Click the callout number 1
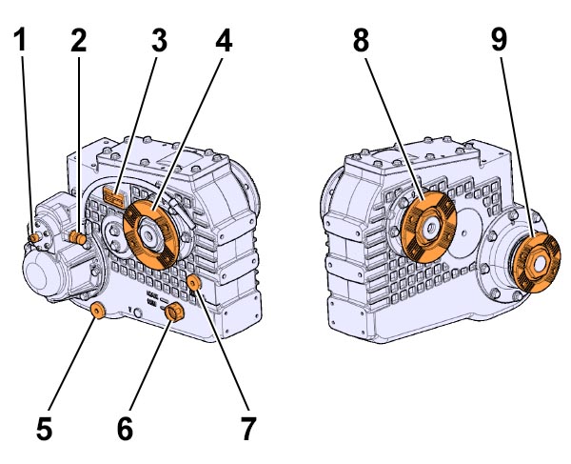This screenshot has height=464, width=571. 21,40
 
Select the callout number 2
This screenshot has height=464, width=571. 78,40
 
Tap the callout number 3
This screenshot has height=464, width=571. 158,40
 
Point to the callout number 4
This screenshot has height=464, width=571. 223,40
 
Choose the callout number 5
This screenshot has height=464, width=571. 44,429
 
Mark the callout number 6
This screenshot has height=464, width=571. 125,429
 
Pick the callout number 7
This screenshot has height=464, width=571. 248,429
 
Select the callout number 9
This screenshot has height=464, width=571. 499,40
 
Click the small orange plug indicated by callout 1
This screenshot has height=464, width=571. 33,235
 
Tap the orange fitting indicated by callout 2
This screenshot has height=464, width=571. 78,236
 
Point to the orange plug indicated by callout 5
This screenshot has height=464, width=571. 97,312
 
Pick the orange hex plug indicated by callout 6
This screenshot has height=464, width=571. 174,314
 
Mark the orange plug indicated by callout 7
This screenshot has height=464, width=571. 194,281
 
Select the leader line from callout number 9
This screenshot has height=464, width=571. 515,143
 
